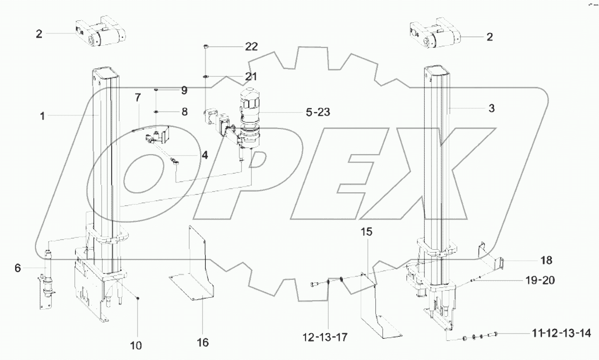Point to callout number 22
(x=251, y=46)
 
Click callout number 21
(x=251, y=76)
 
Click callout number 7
(x=138, y=98)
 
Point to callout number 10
(x=136, y=345)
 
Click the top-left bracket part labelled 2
(x=99, y=34)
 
